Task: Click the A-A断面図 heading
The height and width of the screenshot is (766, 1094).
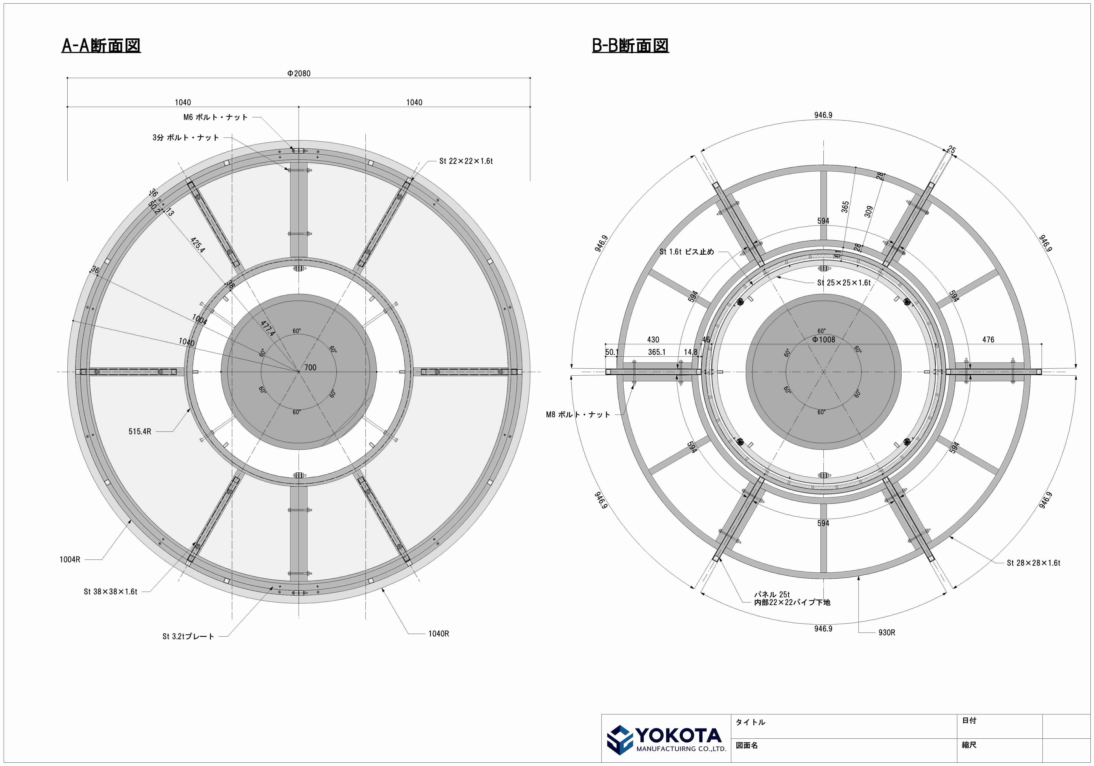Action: pyautogui.click(x=101, y=46)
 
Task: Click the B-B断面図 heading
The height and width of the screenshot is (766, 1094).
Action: pyautogui.click(x=630, y=46)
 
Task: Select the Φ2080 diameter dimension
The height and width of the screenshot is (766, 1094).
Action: pyautogui.click(x=299, y=74)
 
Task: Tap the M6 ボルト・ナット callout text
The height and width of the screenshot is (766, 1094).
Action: pyautogui.click(x=215, y=117)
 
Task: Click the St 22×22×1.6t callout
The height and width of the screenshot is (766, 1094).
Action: pyautogui.click(x=466, y=161)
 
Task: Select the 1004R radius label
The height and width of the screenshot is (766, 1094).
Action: pyautogui.click(x=70, y=560)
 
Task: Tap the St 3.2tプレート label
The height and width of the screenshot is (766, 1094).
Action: pyautogui.click(x=188, y=636)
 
